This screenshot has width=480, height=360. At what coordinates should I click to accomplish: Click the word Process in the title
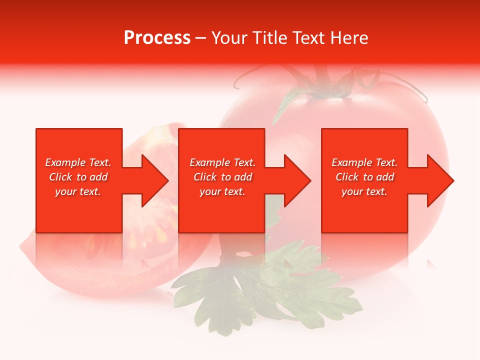[x=157, y=38]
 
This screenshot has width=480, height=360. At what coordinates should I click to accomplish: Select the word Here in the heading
[x=348, y=38]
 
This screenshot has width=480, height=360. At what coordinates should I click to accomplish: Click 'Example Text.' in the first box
[x=78, y=162]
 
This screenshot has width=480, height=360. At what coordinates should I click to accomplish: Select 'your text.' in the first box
[x=78, y=191]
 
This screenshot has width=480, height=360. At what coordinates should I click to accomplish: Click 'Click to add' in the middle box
[x=222, y=177]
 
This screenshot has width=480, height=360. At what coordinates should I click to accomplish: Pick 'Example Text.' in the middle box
[x=222, y=162]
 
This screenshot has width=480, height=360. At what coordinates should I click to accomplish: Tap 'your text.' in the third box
[x=364, y=191]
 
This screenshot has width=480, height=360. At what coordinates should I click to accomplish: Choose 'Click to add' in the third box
[x=364, y=177]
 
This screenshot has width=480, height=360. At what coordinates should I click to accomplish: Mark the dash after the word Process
[x=200, y=38]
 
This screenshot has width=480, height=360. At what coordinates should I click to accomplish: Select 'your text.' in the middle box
[x=222, y=191]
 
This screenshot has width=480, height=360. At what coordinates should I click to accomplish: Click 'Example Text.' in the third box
[x=364, y=162]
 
